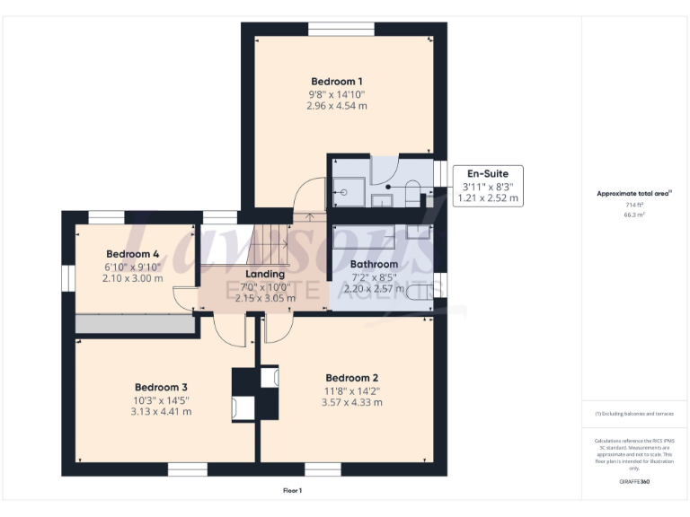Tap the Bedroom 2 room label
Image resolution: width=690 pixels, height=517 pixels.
(x=351, y=377)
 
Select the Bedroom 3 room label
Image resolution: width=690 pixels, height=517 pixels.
(x=161, y=387)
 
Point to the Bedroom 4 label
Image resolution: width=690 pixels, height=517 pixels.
(x=132, y=254)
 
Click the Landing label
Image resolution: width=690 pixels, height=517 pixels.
(x=265, y=274)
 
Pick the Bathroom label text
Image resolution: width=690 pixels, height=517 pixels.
(x=374, y=265)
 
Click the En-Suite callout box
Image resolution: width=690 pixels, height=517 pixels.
(x=489, y=186)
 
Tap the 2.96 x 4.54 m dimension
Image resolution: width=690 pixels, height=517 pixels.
(x=337, y=106)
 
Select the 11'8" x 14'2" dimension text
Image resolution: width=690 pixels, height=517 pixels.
(x=351, y=390)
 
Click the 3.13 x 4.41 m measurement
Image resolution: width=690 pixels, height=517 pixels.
(x=161, y=412)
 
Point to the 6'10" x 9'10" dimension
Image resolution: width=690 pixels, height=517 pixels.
(x=132, y=267)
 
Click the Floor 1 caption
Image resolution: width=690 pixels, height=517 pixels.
(x=293, y=491)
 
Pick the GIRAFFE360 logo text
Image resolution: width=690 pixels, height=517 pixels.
(x=634, y=482)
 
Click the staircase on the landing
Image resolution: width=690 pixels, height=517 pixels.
(x=267, y=241)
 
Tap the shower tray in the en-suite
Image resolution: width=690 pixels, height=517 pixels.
(x=346, y=189)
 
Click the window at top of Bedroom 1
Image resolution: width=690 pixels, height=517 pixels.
(x=341, y=29)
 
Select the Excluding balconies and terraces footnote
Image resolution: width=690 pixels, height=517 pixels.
(x=634, y=414)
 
